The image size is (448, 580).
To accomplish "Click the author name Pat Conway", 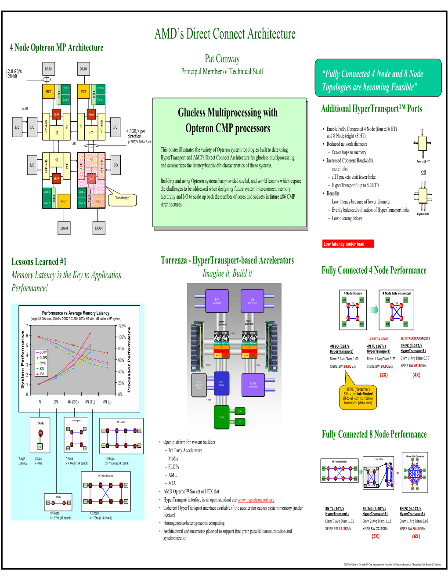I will click(222, 59).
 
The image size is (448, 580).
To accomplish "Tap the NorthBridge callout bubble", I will click(123, 199).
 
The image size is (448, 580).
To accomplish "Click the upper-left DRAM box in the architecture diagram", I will click(49, 69).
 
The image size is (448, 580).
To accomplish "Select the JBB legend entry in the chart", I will click(42, 374).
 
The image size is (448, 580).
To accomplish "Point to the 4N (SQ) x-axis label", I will click(72, 402).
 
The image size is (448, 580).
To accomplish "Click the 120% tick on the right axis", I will click(122, 326).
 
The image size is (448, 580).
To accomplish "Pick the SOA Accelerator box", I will click(217, 301).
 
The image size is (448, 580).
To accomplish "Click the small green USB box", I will click(240, 412).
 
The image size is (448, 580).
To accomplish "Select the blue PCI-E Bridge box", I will click(221, 383).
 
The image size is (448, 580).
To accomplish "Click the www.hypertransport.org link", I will click(256, 500).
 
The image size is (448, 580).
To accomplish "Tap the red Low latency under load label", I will click(348, 244).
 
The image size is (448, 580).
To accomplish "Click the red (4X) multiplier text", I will click(416, 375).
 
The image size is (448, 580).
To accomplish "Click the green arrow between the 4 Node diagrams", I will click(374, 310).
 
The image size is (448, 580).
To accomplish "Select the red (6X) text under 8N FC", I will click(415, 536).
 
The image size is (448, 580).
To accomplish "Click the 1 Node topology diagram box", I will click(40, 435).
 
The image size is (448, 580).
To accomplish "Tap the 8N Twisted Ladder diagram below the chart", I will click(106, 492).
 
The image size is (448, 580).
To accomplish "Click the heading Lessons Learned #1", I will click(39, 262).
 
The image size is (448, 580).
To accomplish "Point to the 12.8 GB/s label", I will click(14, 71).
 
